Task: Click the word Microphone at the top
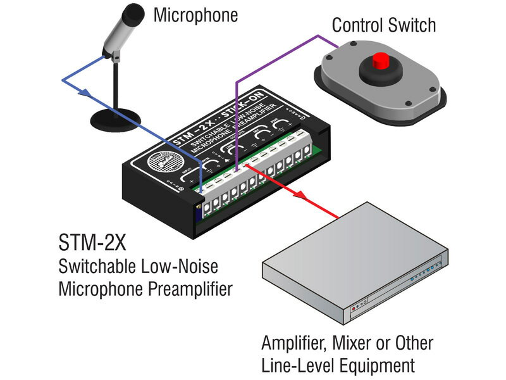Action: tap(195, 15)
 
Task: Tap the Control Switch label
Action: tap(384, 25)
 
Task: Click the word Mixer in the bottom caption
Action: tap(350, 343)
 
